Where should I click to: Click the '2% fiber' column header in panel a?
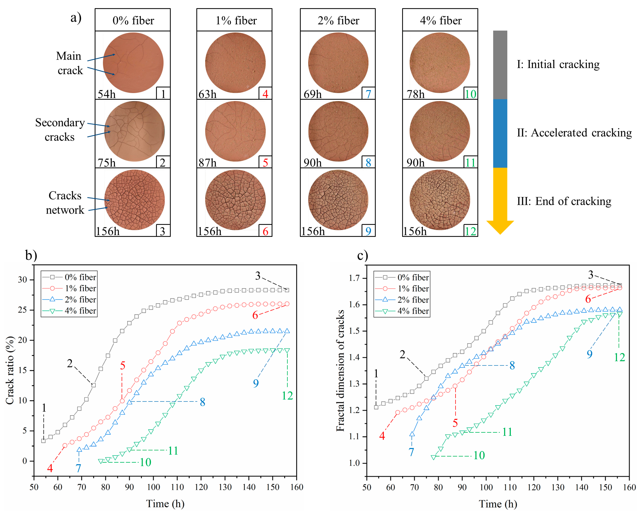click(338, 20)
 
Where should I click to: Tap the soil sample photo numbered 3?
click(134, 200)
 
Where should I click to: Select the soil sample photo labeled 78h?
click(440, 63)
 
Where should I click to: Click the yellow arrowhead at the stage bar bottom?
click(500, 227)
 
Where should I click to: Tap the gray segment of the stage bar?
click(500, 65)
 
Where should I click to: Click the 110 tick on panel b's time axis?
click(177, 487)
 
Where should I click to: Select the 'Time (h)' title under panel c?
click(498, 504)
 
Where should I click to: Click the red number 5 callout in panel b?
click(123, 365)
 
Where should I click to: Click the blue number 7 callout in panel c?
click(411, 452)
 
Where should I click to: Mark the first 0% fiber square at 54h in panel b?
click(43, 441)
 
